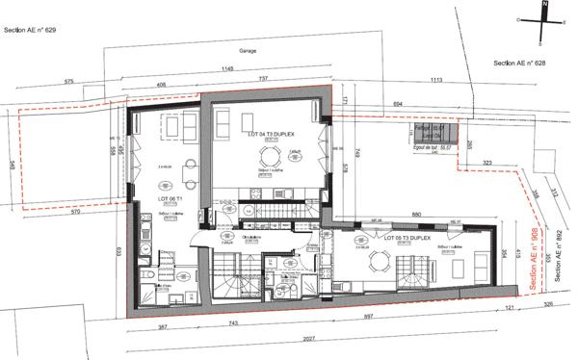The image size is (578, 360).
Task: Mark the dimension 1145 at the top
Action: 227,69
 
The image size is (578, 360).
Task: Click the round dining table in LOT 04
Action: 272,158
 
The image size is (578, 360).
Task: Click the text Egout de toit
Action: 420,146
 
